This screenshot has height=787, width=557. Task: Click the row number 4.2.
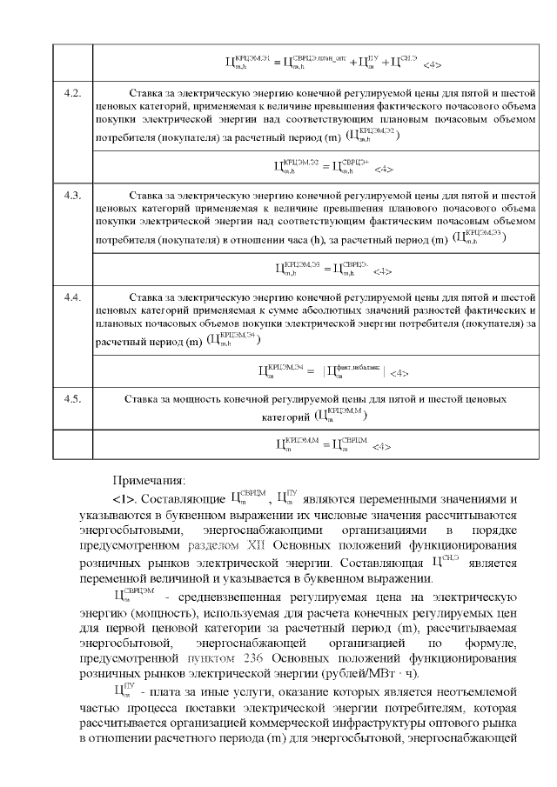coord(73,91)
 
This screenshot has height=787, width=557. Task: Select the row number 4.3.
coord(73,194)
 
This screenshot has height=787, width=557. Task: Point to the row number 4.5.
coord(73,398)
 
